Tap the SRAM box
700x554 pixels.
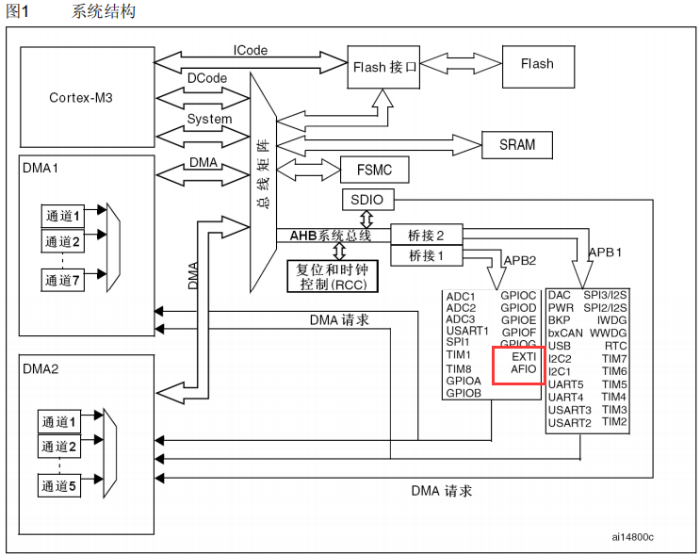pyautogui.click(x=516, y=144)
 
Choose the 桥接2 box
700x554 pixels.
pyautogui.click(x=426, y=234)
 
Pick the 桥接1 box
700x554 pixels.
pyautogui.click(x=426, y=255)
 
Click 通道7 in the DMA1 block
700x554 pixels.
pyautogui.click(x=62, y=279)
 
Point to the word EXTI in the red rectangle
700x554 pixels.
pyautogui.click(x=524, y=357)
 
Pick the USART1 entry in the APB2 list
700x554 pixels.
pyautogui.click(x=467, y=331)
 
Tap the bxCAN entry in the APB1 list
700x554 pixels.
pyautogui.click(x=566, y=333)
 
